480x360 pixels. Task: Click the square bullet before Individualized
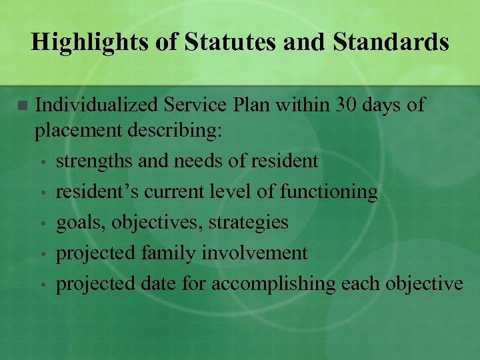[22, 105]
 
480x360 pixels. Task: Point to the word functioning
[329, 192]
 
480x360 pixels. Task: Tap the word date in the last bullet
[155, 284]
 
